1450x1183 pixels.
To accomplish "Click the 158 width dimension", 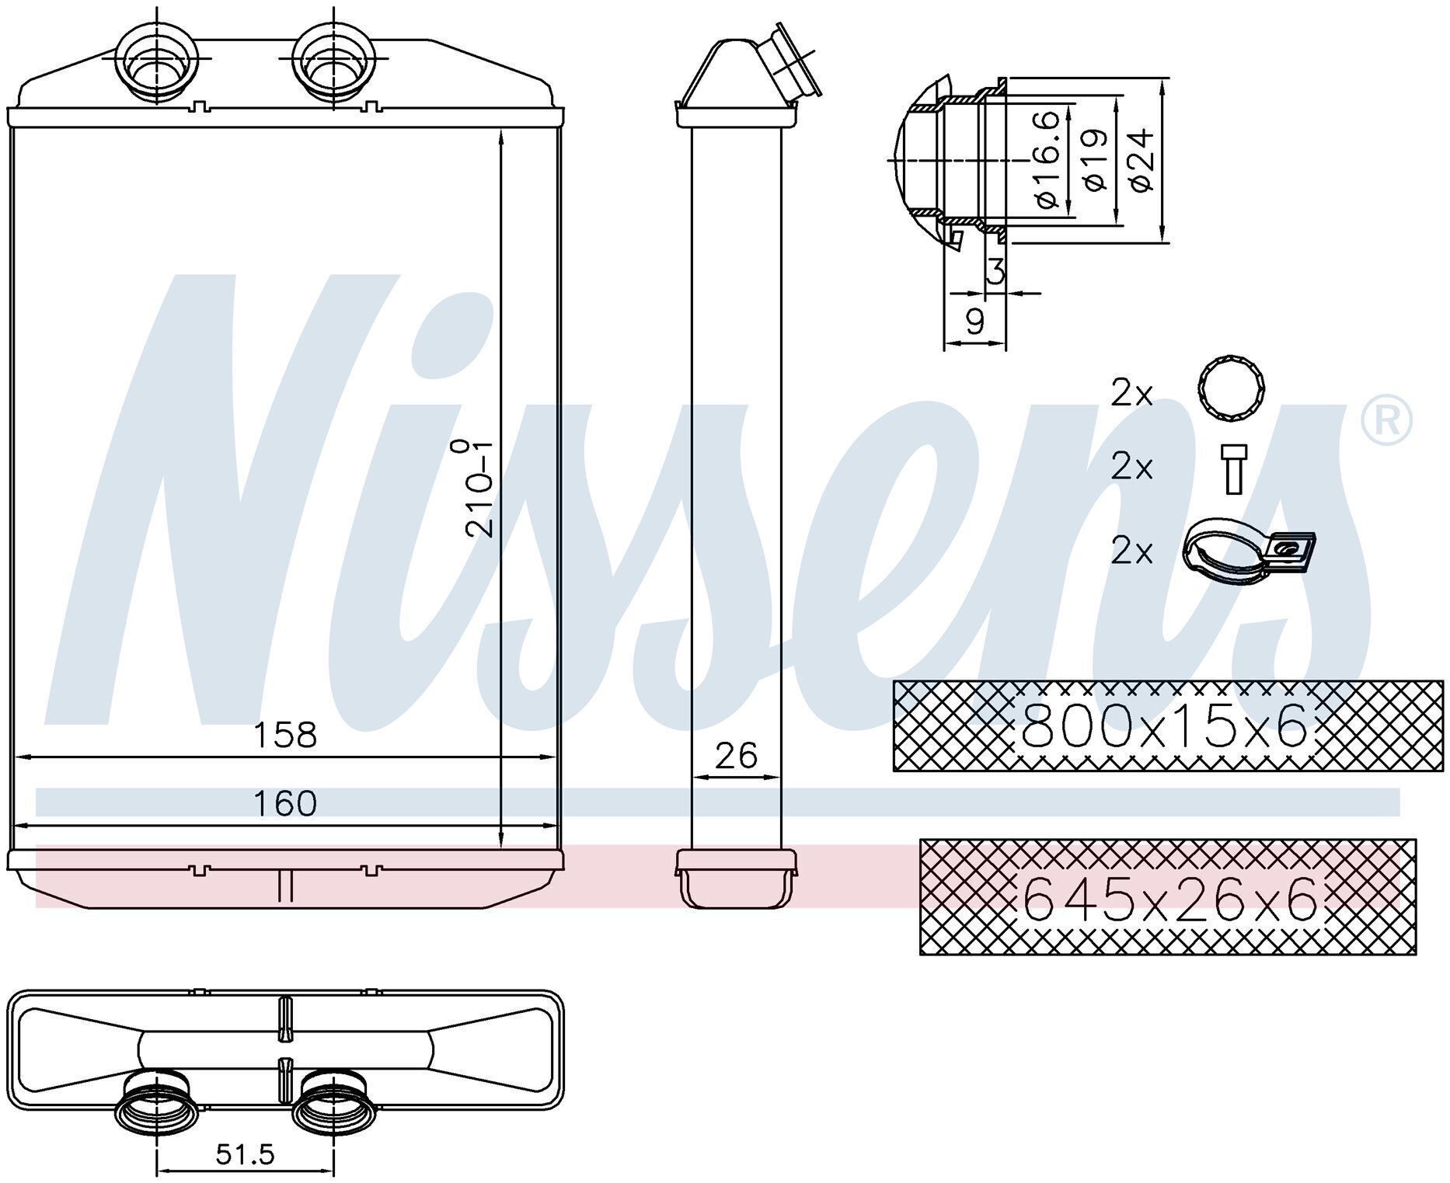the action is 285,735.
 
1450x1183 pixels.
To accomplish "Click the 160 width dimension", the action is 285,804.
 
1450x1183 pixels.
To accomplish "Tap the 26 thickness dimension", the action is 736,755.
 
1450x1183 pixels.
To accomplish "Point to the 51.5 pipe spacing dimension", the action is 245,1155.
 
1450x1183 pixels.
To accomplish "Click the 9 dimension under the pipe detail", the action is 974,321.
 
